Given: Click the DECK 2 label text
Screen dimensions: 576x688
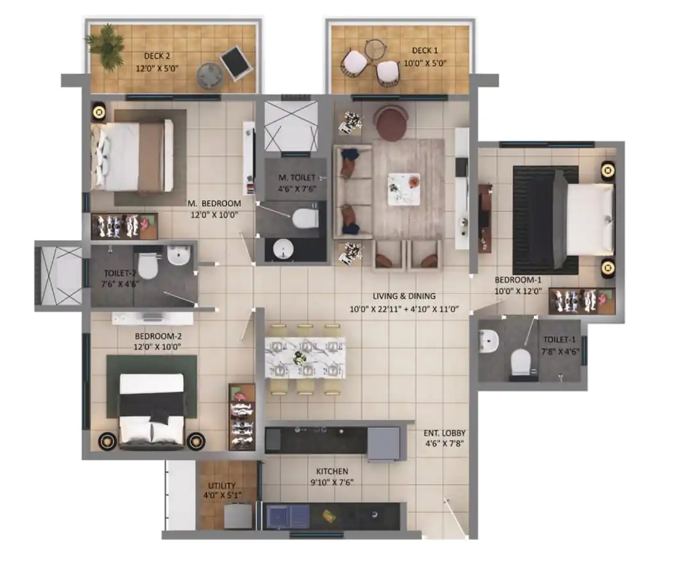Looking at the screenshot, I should (x=148, y=56).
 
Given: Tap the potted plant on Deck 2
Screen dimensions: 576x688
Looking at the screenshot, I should (x=106, y=46).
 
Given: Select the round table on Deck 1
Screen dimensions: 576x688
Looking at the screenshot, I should (x=374, y=48).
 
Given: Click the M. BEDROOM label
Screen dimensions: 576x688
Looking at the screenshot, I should (x=214, y=204).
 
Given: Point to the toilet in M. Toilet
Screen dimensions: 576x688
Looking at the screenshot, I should (x=304, y=217).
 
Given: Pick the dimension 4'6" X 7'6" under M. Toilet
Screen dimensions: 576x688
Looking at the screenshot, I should (x=296, y=189).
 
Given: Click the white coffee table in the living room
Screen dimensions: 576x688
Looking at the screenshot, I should (x=404, y=189).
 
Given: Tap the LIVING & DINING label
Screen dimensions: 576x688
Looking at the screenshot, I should (x=404, y=296).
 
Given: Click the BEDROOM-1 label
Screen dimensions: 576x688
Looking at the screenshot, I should (x=518, y=280).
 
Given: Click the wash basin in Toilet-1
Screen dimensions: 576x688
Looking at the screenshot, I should (x=488, y=341).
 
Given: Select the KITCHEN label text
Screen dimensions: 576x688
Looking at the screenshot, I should (x=332, y=471).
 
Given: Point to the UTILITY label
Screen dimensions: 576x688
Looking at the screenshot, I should (x=222, y=485).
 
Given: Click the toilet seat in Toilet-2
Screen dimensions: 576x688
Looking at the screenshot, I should (x=148, y=266).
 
